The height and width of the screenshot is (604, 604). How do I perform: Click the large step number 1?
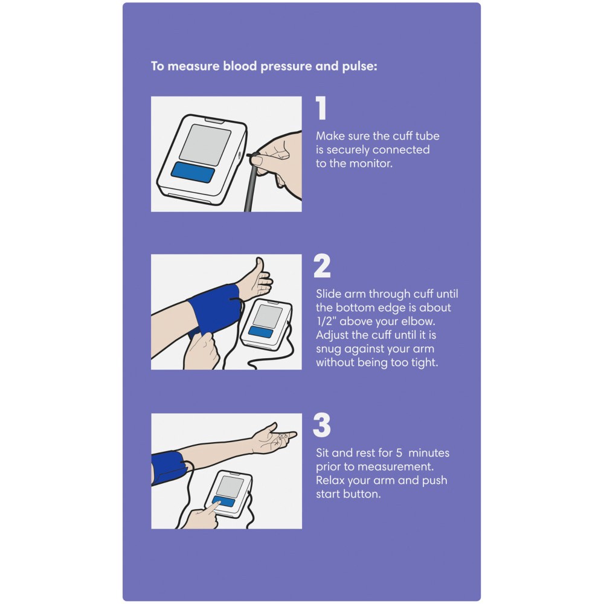(x=321, y=108)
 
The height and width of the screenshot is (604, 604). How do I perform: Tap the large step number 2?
(x=322, y=266)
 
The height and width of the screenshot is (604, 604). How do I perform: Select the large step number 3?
(x=322, y=425)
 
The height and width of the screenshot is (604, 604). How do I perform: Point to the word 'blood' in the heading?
(x=240, y=66)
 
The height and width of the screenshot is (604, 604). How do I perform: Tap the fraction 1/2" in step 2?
(x=326, y=321)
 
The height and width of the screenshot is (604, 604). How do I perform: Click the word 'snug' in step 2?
(x=329, y=349)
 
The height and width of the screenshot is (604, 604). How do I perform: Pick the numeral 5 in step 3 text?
(x=399, y=452)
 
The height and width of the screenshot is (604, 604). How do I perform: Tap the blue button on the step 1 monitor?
(x=193, y=172)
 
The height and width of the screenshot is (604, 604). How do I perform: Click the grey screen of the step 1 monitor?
(x=205, y=145)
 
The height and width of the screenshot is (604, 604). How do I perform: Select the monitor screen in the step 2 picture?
(x=268, y=316)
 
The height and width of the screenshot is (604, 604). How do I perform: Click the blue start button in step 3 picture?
(x=223, y=501)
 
